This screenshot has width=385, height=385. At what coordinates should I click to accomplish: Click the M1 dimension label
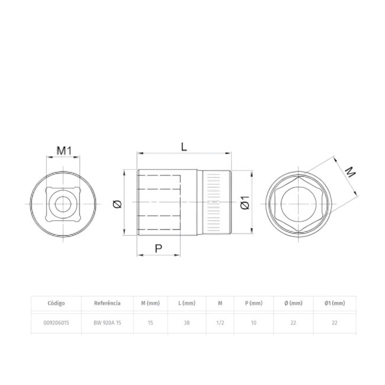(64, 150)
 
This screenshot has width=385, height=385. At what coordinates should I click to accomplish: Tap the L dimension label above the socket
(184, 147)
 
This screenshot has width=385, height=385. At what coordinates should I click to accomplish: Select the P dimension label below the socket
(159, 249)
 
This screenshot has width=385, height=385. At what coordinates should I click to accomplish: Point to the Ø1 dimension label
(245, 203)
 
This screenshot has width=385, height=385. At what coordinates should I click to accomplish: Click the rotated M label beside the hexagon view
(350, 172)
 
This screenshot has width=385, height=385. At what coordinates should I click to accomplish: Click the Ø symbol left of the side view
(117, 204)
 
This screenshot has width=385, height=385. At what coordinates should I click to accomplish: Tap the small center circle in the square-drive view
(63, 204)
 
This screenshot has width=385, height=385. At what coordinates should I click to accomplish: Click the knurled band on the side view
(217, 203)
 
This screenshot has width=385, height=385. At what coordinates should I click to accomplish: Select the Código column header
(56, 303)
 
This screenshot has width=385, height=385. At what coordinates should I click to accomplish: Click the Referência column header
(107, 303)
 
